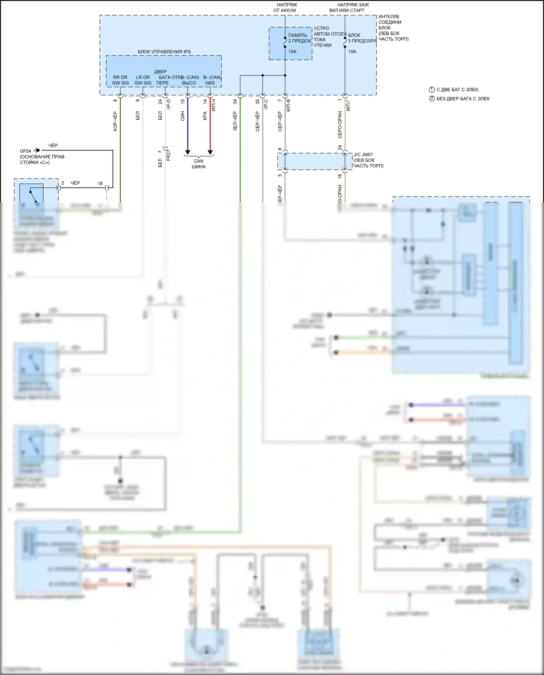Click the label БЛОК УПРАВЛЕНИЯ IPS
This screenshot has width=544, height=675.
[x=164, y=52]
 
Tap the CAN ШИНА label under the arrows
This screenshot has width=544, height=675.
[x=198, y=164]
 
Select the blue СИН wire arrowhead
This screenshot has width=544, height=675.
[x=187, y=152]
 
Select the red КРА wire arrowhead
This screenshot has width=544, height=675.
[x=210, y=152]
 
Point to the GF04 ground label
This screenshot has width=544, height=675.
[x=25, y=151]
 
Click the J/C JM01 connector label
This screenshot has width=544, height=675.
[x=363, y=155]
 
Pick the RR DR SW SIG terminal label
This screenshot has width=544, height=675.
[x=120, y=80]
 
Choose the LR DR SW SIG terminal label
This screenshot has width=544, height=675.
[x=143, y=80]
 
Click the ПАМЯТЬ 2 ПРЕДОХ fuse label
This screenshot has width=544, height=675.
[x=299, y=38]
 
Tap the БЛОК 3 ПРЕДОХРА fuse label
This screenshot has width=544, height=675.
[x=362, y=38]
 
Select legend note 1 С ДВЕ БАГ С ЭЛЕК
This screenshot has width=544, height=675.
[x=454, y=90]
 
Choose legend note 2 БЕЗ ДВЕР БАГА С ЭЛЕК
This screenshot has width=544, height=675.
[x=459, y=99]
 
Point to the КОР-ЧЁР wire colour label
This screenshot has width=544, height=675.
[x=115, y=121]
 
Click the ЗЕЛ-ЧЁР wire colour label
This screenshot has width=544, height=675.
[x=235, y=121]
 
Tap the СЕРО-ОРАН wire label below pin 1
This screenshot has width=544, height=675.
[x=340, y=125]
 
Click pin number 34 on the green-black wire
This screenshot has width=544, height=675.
[x=235, y=102]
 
